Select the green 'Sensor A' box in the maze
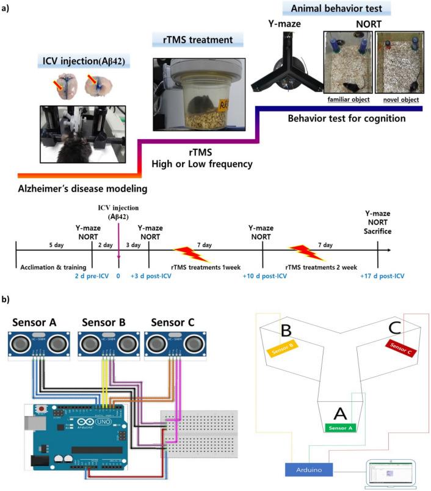point(341,429)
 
